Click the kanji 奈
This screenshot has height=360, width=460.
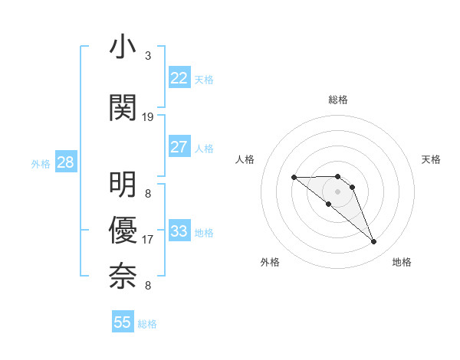coord(123,274)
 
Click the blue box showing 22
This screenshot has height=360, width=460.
coord(179,78)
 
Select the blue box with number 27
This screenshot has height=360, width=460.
coord(179,147)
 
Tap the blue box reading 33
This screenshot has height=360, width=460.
coord(179,231)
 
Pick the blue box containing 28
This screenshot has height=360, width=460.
coord(65,162)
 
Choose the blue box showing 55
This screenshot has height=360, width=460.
coord(123,322)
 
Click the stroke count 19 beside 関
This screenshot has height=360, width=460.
coord(148,117)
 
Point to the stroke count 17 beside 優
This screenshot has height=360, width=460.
coord(148,240)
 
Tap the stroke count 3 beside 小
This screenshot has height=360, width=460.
coord(148,56)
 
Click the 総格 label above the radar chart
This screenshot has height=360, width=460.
coord(338,100)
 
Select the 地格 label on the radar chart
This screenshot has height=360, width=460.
coord(402,262)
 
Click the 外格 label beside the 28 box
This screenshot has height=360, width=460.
coord(40,163)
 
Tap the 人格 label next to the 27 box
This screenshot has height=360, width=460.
coord(204,148)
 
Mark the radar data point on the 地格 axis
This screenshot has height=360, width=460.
coord(374,242)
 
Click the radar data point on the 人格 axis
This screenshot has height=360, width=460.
coord(294,178)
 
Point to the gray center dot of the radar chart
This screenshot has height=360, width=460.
coord(337,191)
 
